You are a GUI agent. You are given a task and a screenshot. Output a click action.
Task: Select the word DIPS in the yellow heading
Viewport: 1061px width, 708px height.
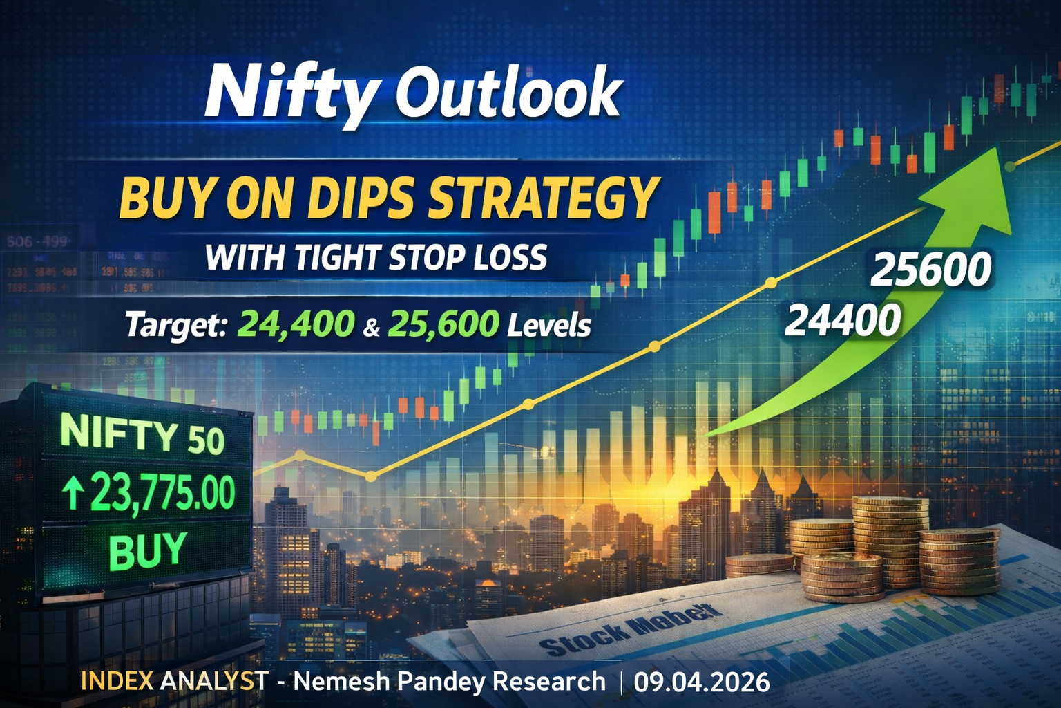coord(360,197)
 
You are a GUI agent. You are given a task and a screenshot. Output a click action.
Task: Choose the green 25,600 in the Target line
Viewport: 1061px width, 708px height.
coord(443,324)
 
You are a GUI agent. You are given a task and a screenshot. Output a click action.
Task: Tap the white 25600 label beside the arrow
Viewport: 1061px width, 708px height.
coord(930,270)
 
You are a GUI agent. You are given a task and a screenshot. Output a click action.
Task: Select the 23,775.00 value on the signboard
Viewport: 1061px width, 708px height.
coord(162,493)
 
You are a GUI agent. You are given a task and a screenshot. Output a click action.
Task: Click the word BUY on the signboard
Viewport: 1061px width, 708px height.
coord(148,551)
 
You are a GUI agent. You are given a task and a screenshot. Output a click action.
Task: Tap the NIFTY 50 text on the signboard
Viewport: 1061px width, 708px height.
coord(142,436)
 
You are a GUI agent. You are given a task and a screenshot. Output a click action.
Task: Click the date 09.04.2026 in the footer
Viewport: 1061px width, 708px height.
coord(702,682)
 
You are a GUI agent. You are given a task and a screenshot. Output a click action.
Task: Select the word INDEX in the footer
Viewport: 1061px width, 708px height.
coord(117,682)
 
